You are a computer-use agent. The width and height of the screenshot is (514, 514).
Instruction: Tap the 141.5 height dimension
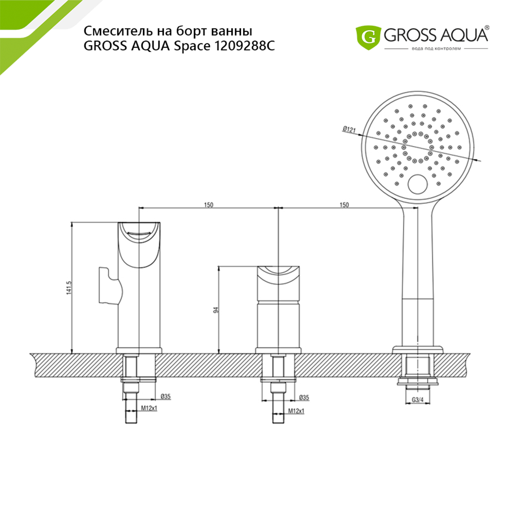[x=69, y=287]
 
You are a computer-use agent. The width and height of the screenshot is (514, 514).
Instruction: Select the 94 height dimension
[x=216, y=310]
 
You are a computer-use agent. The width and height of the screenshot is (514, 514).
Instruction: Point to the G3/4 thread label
[x=418, y=400]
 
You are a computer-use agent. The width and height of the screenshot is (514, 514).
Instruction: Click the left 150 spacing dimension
[x=209, y=205]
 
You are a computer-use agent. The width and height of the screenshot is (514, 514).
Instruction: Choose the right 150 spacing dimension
[x=344, y=205]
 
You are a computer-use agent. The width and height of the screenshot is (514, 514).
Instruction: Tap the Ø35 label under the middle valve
[x=304, y=398]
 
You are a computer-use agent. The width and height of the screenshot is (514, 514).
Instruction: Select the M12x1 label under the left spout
[x=150, y=408]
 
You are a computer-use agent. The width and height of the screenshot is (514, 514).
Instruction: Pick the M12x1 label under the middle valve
[x=296, y=411]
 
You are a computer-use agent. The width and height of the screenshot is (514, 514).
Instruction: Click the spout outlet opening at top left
[x=139, y=230]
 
